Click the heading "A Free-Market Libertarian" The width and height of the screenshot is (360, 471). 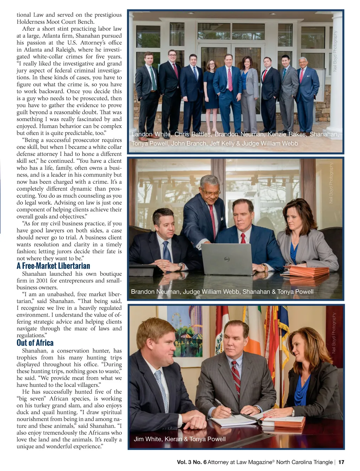click(x=53, y=266)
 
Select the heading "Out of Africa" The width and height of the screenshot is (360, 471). click(x=35, y=343)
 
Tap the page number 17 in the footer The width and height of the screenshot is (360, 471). click(x=341, y=462)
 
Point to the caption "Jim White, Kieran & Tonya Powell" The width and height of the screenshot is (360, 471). click(x=179, y=439)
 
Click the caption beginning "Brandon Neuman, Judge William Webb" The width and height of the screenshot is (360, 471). click(x=222, y=292)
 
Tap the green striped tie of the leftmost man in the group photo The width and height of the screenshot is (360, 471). click(x=153, y=79)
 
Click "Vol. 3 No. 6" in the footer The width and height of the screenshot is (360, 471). click(x=192, y=462)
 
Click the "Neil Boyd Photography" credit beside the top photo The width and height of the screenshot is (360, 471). click(x=335, y=51)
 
